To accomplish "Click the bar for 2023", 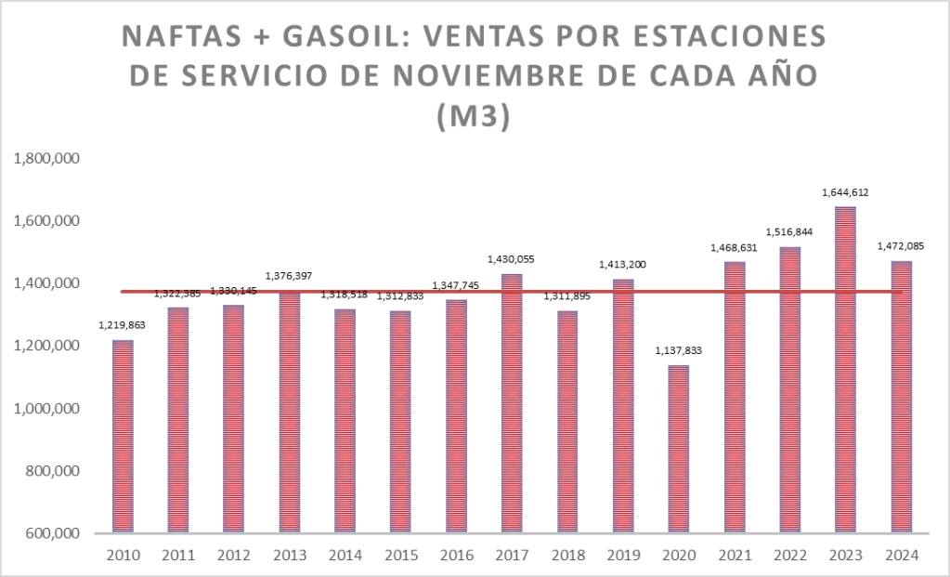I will (845, 372).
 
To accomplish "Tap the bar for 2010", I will (123, 437).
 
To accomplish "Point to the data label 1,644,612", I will (845, 192).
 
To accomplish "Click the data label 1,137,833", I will (678, 351).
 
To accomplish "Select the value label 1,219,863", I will (123, 325).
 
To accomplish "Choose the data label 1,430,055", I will (512, 259).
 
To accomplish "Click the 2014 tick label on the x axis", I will (345, 555).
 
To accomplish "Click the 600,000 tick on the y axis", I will (54, 533).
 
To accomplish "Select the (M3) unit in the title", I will (474, 118).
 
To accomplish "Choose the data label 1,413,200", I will (622, 265).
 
